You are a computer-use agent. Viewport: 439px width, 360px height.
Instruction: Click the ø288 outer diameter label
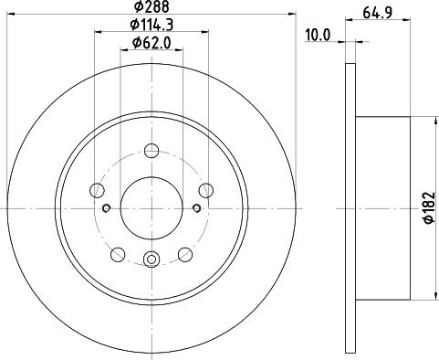click(150, 7)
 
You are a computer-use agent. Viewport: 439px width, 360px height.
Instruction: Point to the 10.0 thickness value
click(317, 36)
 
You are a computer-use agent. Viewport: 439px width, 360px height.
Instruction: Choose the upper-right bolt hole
click(206, 190)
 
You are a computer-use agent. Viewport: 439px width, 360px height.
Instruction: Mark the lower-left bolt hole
click(119, 253)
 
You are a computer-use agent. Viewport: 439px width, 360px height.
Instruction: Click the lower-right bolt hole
click(185, 253)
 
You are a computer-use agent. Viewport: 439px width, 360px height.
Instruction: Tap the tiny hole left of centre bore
click(108, 208)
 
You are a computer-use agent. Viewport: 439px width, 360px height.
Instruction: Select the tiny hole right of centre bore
click(195, 208)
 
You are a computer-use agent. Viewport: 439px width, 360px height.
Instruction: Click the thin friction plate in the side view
click(350, 208)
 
